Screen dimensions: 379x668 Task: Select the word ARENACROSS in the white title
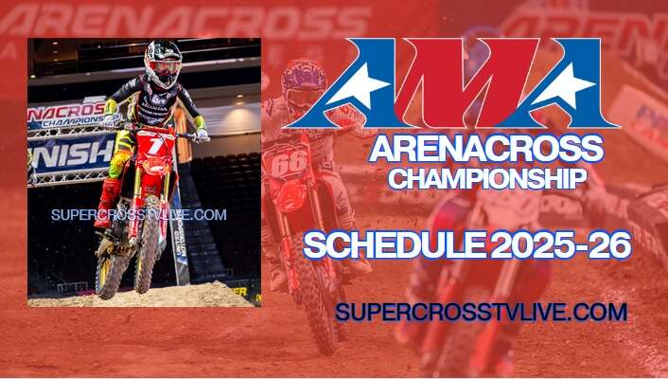pos(485,150)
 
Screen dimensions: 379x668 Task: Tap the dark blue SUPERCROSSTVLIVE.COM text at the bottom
pos(481,312)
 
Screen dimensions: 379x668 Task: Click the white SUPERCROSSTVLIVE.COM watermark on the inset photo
pos(138,214)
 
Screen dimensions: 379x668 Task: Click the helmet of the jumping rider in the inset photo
pos(163,62)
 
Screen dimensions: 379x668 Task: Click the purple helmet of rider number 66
pos(304,84)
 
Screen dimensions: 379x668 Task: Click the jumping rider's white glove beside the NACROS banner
pos(114,119)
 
